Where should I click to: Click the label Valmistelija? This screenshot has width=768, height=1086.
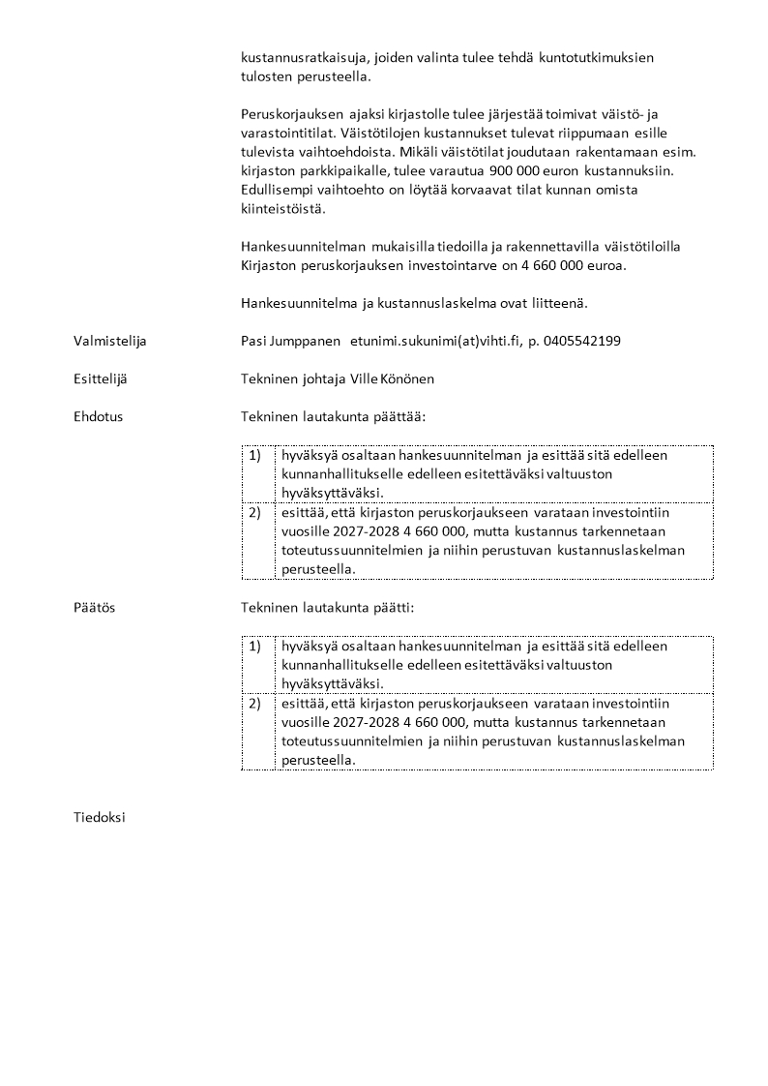[x=110, y=341]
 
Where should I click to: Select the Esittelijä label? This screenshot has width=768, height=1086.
[x=101, y=379]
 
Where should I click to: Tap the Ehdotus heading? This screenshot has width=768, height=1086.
[x=99, y=417]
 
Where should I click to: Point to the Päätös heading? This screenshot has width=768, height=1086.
[x=95, y=608]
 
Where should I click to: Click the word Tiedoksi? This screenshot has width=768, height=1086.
[x=100, y=817]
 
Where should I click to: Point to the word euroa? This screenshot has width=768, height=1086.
[x=606, y=264]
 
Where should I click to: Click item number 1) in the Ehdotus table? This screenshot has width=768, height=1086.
[x=255, y=455]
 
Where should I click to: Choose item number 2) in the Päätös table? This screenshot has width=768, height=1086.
[x=255, y=704]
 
